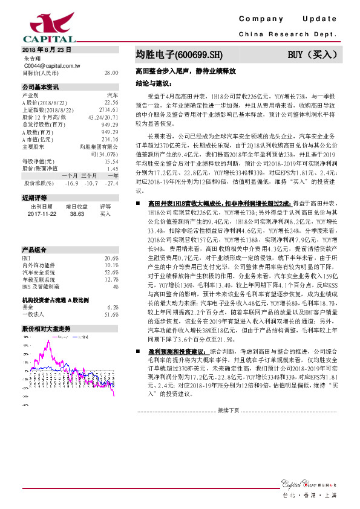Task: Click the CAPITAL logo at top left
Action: [x=41, y=27]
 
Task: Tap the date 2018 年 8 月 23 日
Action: [x=47, y=50]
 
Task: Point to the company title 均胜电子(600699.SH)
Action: [x=175, y=55]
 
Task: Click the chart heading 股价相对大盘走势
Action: [x=46, y=328]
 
